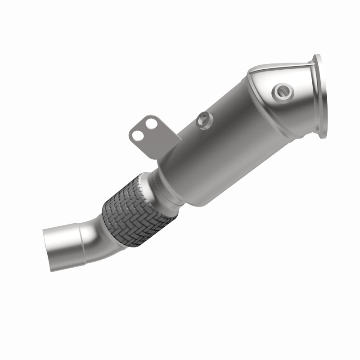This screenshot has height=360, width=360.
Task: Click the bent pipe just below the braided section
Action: pyautogui.click(x=97, y=234)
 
